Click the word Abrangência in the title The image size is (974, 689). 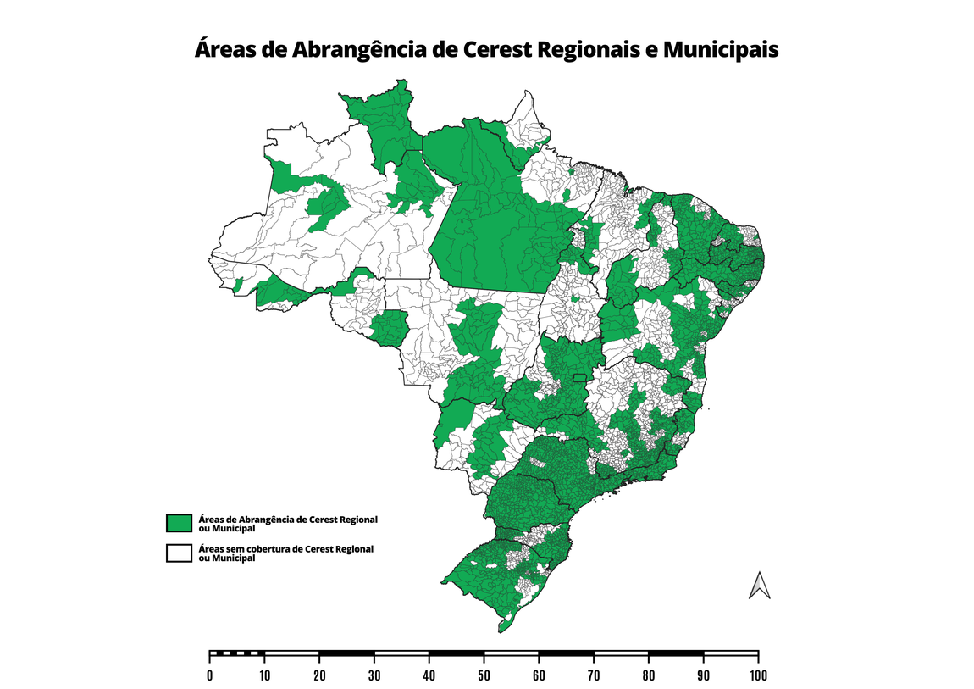(x=358, y=50)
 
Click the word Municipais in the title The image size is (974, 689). (x=720, y=49)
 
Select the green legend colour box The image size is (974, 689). (x=179, y=523)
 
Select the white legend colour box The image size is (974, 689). (x=179, y=553)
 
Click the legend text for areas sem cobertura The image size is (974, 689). (x=285, y=553)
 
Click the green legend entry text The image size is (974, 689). (x=286, y=523)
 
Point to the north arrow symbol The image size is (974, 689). (x=760, y=586)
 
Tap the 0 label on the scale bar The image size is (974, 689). (x=210, y=675)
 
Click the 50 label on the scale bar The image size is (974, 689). (x=484, y=675)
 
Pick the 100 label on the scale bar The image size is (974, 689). (x=758, y=675)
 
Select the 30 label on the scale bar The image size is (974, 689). (x=374, y=675)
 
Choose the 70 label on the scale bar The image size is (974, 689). (x=594, y=675)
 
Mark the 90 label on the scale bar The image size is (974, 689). (x=703, y=675)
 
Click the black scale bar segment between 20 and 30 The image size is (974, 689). (x=346, y=653)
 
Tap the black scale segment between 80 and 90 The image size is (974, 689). (x=676, y=653)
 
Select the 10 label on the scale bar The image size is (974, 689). (x=264, y=675)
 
